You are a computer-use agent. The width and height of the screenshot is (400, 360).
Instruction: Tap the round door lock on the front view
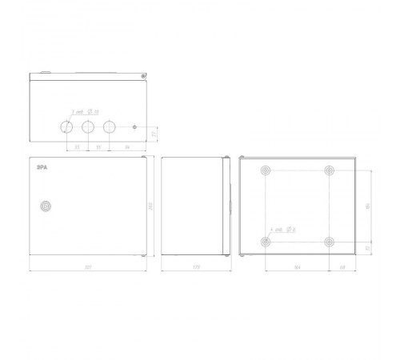tap(46, 206)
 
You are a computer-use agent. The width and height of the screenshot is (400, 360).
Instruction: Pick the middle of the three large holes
tap(88, 126)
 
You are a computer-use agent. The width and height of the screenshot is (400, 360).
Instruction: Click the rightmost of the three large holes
tap(109, 126)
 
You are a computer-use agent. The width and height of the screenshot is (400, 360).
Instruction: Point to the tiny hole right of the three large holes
tap(135, 126)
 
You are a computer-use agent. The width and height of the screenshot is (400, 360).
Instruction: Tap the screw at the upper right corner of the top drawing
tap(142, 77)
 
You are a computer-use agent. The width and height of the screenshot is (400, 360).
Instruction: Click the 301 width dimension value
tap(86, 266)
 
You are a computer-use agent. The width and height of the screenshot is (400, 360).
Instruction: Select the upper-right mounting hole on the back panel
tap(329, 170)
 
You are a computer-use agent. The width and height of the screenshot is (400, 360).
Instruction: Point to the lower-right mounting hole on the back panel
tap(329, 241)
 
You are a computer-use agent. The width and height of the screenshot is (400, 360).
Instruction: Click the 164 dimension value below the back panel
tap(297, 266)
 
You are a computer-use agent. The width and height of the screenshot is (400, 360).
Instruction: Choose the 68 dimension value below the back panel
tap(342, 266)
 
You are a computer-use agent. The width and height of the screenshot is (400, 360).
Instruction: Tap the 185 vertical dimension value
tap(367, 206)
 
